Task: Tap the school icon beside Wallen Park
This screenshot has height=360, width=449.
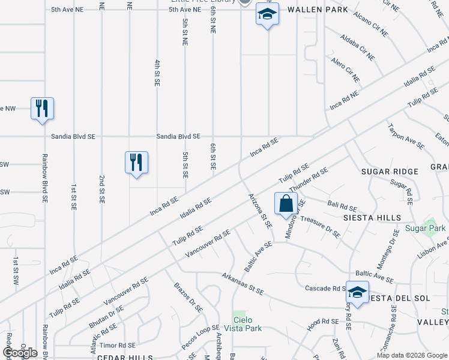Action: [267, 14]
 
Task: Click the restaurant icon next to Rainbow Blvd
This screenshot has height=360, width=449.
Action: [42, 109]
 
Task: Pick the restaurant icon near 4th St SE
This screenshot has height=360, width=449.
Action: [136, 162]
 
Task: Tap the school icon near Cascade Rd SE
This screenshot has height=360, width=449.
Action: [357, 293]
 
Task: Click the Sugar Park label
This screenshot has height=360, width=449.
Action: [424, 229]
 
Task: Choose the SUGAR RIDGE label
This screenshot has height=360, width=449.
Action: [390, 172]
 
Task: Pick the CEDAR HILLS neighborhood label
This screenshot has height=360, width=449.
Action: [120, 356]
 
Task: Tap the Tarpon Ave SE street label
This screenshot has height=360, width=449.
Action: [406, 136]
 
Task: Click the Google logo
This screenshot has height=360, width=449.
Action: [20, 353]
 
